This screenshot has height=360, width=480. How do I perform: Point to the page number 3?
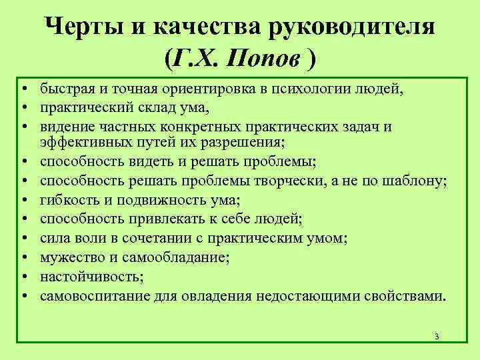click(436, 336)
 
